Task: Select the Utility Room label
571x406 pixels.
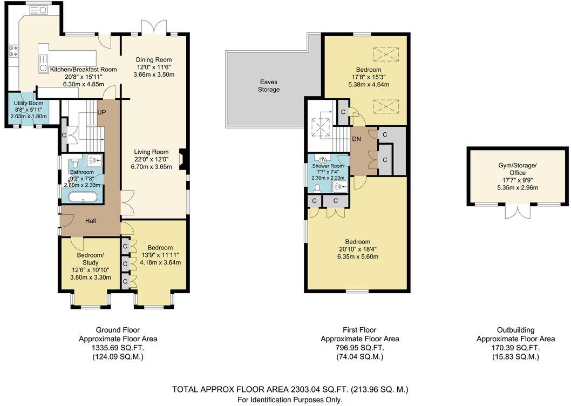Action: (29, 103)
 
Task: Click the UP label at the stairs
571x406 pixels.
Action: (101, 112)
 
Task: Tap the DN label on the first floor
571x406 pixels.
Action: (356, 139)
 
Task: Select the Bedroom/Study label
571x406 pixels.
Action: (86, 259)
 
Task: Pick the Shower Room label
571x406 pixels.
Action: (330, 166)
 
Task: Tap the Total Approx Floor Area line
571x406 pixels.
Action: (290, 389)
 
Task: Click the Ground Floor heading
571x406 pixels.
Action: (118, 330)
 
